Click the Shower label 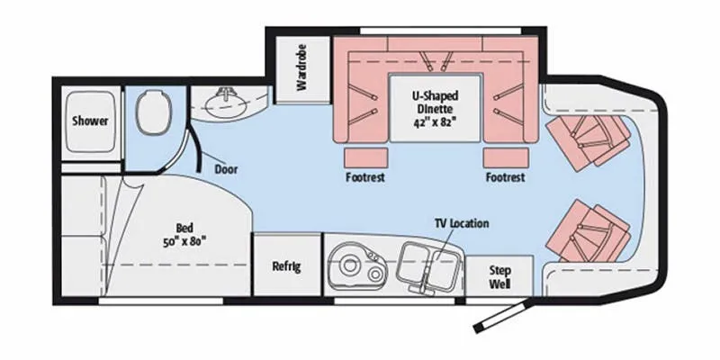click(90, 121)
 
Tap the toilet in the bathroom click(154, 112)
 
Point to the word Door click(227, 169)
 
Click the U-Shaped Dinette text click(435, 103)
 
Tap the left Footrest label click(365, 176)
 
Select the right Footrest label click(505, 176)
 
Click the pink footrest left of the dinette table click(365, 157)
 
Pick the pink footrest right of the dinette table click(505, 157)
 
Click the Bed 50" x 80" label click(184, 235)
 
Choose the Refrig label click(286, 266)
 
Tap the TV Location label click(462, 223)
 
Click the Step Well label click(499, 277)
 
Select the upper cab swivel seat click(589, 141)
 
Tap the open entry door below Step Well click(503, 316)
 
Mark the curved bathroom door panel click(196, 148)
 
